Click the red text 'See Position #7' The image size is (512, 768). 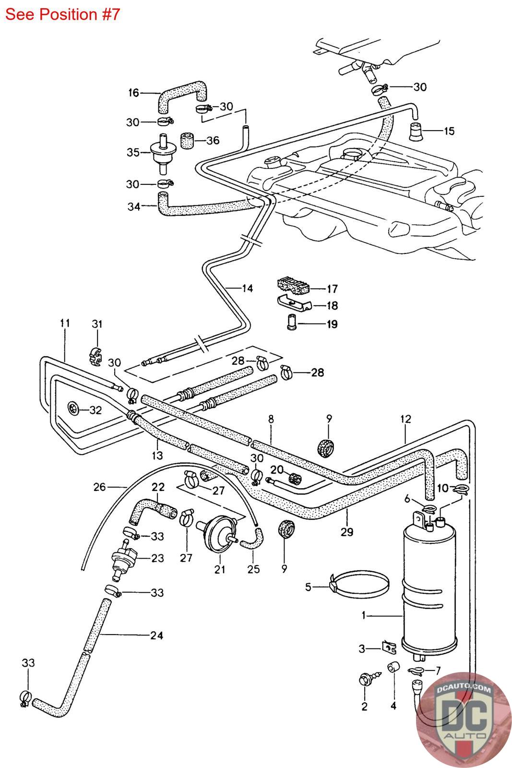click(x=62, y=14)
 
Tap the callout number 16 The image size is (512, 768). click(x=133, y=93)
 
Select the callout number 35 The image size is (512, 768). click(x=132, y=152)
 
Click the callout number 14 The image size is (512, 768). click(x=247, y=288)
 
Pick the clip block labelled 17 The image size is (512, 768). click(x=292, y=286)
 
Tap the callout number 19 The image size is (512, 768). click(x=332, y=324)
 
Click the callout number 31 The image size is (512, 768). click(x=97, y=324)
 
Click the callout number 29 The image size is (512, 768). click(x=347, y=532)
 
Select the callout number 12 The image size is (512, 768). click(x=405, y=419)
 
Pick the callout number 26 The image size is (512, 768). click(x=99, y=487)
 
